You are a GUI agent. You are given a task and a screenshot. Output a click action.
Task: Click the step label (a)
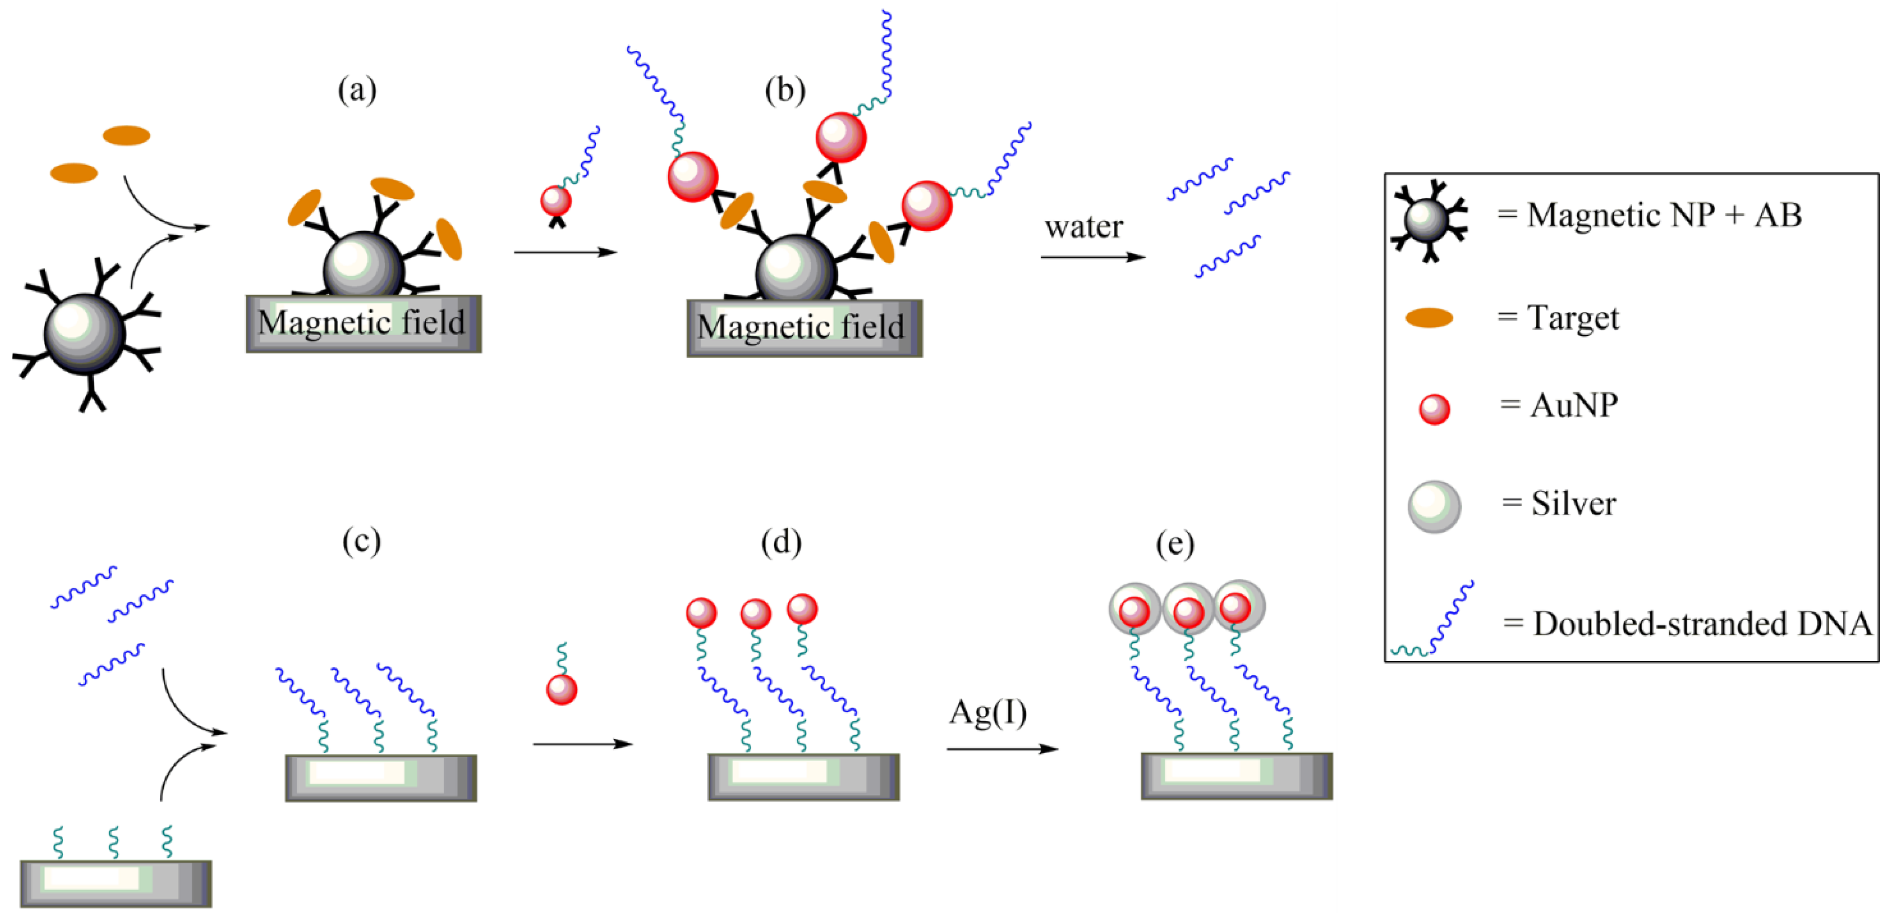[x=357, y=91]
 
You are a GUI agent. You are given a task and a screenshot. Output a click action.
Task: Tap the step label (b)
[x=785, y=91]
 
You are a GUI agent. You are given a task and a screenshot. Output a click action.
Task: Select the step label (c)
[x=361, y=542]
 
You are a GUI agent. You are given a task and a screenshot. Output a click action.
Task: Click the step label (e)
[x=1175, y=544]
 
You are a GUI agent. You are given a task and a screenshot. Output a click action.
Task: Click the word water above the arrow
[x=1083, y=227]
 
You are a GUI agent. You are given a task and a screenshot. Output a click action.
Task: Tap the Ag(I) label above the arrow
[x=987, y=712]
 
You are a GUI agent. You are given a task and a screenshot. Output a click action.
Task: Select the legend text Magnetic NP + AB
[x=1664, y=215]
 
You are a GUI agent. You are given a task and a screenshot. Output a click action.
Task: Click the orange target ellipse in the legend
[x=1428, y=318]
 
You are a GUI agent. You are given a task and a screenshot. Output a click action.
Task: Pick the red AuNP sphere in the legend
[x=1434, y=409]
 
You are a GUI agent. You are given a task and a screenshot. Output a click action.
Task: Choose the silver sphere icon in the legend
[x=1434, y=506]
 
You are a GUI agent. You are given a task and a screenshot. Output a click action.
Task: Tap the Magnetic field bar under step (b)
[x=804, y=328]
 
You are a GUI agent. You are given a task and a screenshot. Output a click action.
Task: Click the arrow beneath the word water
[x=1092, y=257]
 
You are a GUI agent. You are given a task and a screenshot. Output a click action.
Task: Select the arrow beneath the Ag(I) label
[x=1002, y=749]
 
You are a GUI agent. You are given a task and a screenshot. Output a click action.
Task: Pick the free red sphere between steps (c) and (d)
[x=561, y=689]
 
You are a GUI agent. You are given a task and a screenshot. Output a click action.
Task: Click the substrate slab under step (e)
[x=1236, y=775]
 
